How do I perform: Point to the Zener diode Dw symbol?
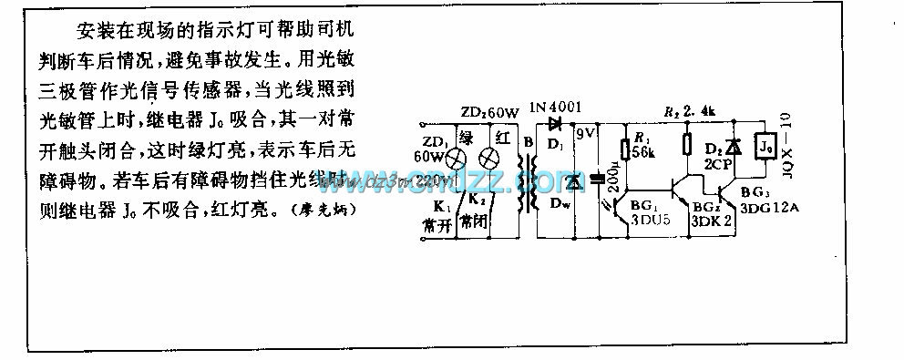pyautogui.click(x=573, y=183)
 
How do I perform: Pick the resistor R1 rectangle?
pyautogui.click(x=624, y=149)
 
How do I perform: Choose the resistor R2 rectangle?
pyautogui.click(x=685, y=146)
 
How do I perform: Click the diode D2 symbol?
pyautogui.click(x=729, y=147)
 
